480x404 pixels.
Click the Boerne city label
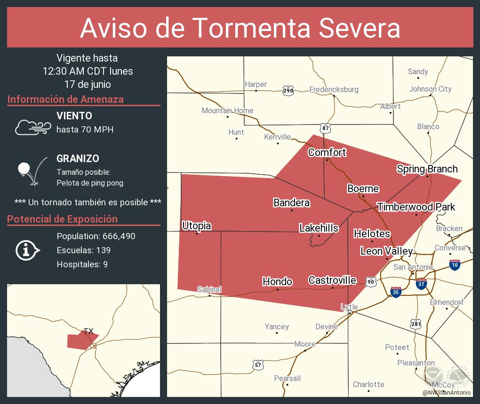pos(363,189)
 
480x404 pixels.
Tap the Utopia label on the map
pos(196,226)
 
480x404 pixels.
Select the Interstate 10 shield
pos(455,264)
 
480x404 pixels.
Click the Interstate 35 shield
pos(395,292)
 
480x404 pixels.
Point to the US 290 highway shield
pos(288,90)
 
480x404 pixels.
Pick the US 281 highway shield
pos(416,324)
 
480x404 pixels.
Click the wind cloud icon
pos(32,127)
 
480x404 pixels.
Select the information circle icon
pos(28,250)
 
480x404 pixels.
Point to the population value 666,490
pos(117,236)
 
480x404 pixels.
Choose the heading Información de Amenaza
pos(65,99)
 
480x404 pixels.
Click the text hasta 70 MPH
pos(85,129)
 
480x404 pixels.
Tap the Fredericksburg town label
pos(334,89)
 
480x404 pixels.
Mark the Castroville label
pos(332,280)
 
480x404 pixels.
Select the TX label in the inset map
pos(88,331)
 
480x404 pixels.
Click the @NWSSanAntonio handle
pos(446,393)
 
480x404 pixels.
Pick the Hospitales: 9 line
pos(82,264)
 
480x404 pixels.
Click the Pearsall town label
pos(287,378)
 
